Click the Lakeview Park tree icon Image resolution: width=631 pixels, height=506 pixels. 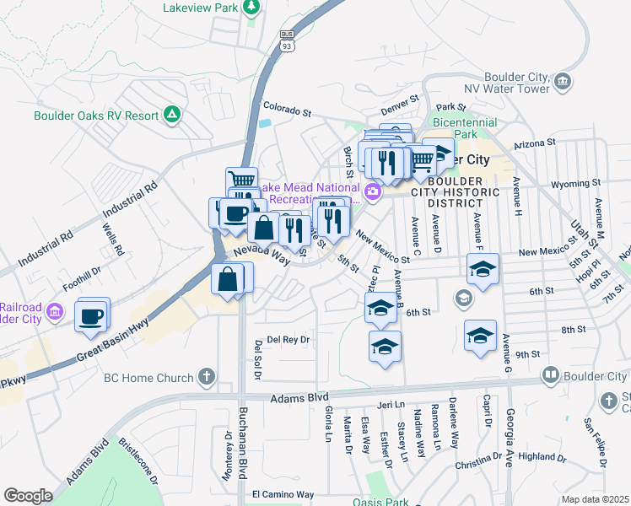(x=251, y=8)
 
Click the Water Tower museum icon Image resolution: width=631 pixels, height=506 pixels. (x=563, y=82)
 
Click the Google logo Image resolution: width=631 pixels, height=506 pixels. (x=28, y=495)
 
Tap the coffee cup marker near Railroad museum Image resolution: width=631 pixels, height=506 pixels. (x=91, y=316)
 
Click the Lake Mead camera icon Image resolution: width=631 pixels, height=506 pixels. (x=372, y=193)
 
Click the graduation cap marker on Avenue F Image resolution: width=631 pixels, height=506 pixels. (x=482, y=270)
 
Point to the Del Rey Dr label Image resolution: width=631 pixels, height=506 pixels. (x=289, y=339)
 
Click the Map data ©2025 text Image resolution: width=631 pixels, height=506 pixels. (x=595, y=499)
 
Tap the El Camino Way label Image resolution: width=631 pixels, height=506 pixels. (x=283, y=493)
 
